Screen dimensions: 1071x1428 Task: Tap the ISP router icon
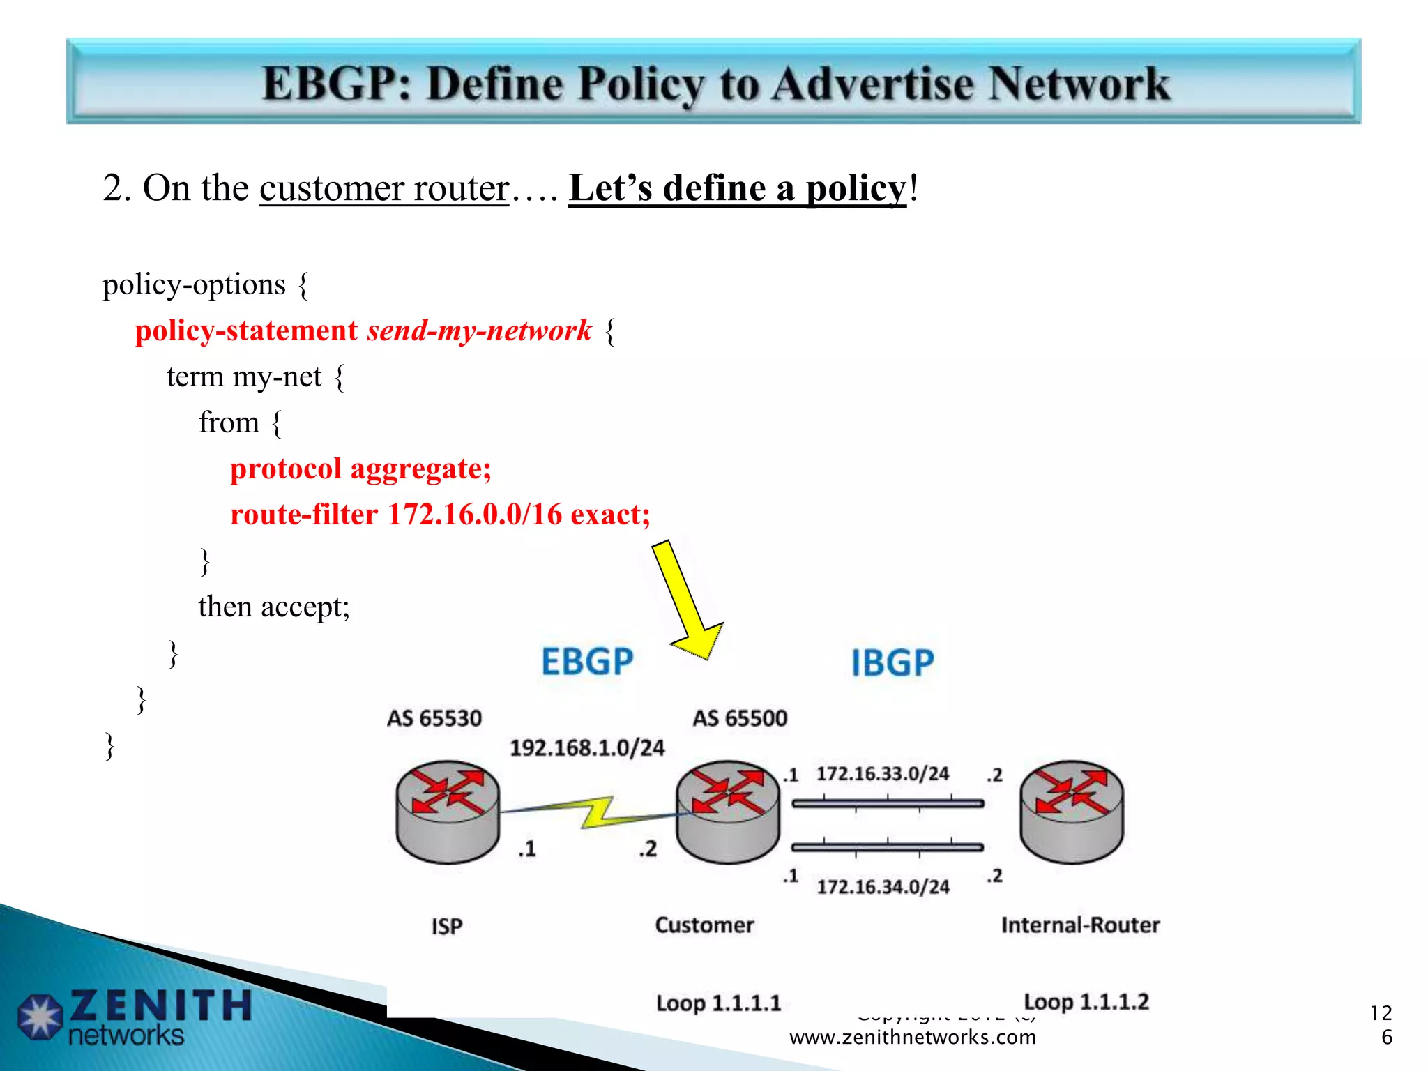(x=448, y=812)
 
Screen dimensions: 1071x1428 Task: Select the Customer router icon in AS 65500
(x=728, y=812)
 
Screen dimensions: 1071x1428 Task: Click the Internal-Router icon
(x=1072, y=812)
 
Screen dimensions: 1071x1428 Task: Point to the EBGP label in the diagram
(x=587, y=662)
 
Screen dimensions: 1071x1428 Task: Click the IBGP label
(x=892, y=662)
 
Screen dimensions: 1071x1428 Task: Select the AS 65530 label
(x=434, y=718)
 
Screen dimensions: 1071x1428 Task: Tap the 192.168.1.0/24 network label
(x=587, y=748)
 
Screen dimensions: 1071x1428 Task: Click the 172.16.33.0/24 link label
(x=883, y=774)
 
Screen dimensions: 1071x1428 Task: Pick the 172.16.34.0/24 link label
(x=883, y=887)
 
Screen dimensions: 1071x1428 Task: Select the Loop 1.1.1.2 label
(x=1086, y=1002)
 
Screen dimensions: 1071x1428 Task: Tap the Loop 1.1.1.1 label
(x=718, y=1003)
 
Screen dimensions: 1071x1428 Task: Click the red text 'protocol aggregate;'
(x=360, y=469)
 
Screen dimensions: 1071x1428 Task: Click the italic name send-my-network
(x=479, y=331)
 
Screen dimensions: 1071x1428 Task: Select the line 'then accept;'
(x=273, y=607)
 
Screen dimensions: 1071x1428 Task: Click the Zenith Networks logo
(x=132, y=1017)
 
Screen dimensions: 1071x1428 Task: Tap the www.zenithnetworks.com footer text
(x=912, y=1038)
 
